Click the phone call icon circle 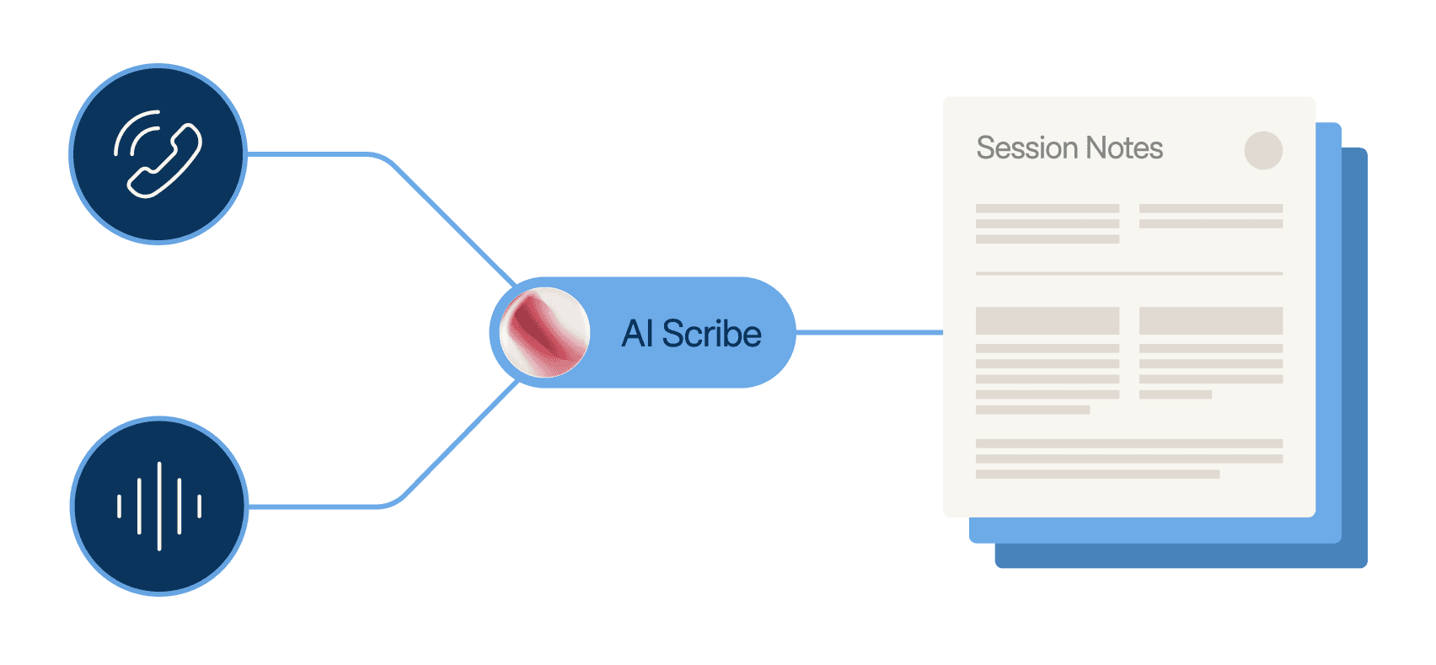coord(158,154)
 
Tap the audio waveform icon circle coord(158,506)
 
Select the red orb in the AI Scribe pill coord(544,332)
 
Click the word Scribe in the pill coord(711,334)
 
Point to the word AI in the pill coord(637,334)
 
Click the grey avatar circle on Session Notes coord(1263,150)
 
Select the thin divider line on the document coord(1129,273)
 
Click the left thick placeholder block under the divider coord(1048,320)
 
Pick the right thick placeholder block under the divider coord(1211,320)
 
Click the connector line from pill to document coord(868,332)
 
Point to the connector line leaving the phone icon coord(320,154)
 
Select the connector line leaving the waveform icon coord(320,506)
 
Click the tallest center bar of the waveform coord(158,506)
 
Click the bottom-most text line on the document coord(1097,475)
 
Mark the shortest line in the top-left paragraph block coord(1048,239)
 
